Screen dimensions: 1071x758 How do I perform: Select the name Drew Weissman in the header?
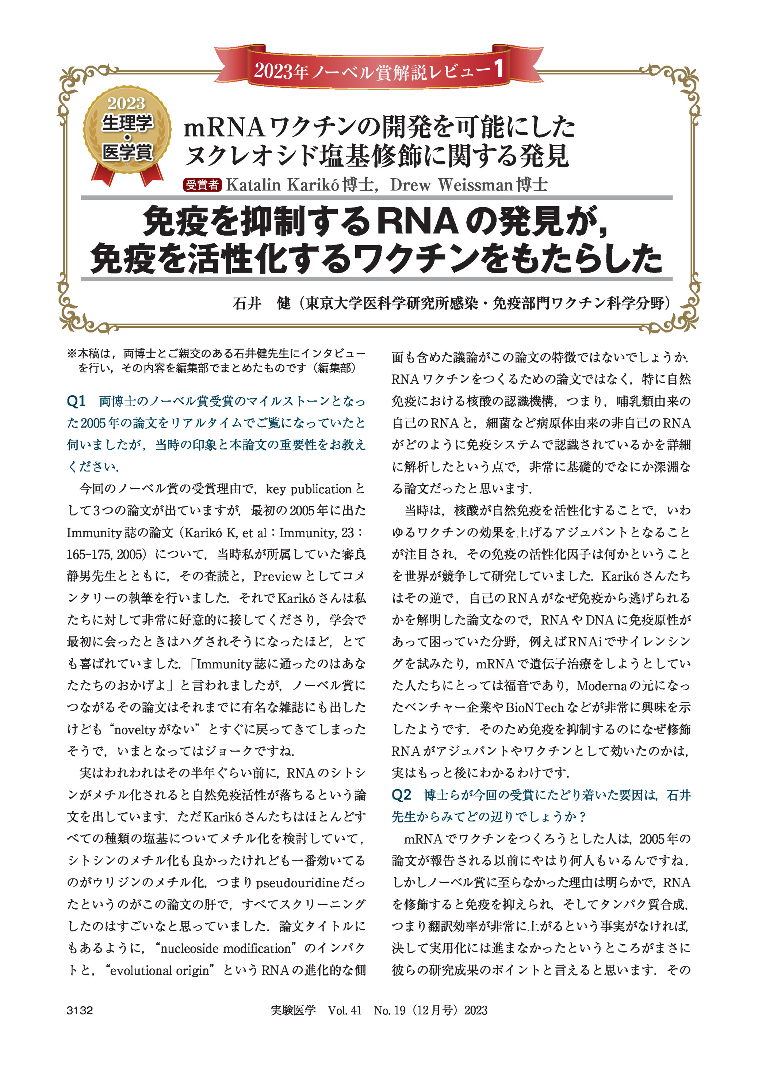pyautogui.click(x=451, y=185)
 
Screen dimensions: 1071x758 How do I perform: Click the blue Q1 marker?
pyautogui.click(x=77, y=401)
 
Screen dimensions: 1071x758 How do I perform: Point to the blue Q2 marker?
pyautogui.click(x=401, y=794)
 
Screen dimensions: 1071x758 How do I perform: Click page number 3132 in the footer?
pyautogui.click(x=80, y=1010)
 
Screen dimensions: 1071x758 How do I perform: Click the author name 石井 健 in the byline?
pyautogui.click(x=261, y=304)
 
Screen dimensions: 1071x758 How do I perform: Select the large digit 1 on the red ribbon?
pyautogui.click(x=498, y=69)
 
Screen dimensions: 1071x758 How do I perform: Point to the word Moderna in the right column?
pyautogui.click(x=602, y=685)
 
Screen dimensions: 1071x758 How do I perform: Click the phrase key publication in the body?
pyautogui.click(x=309, y=489)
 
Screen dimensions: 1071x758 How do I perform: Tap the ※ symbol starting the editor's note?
pyautogui.click(x=72, y=354)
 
